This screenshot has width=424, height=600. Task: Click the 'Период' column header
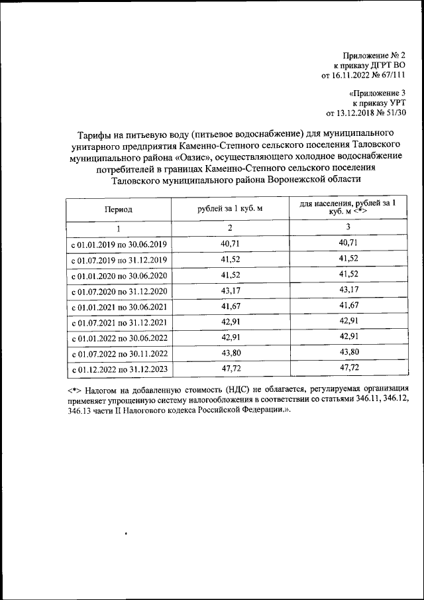(118, 209)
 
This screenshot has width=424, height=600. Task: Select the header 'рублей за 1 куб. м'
(230, 209)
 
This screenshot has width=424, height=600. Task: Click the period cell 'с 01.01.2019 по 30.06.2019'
(118, 245)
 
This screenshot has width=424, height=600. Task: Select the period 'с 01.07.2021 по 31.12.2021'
(118, 323)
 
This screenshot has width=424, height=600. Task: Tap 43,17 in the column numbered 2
(230, 291)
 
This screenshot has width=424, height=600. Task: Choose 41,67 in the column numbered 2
(230, 307)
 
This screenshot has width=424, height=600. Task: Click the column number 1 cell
(118, 229)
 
